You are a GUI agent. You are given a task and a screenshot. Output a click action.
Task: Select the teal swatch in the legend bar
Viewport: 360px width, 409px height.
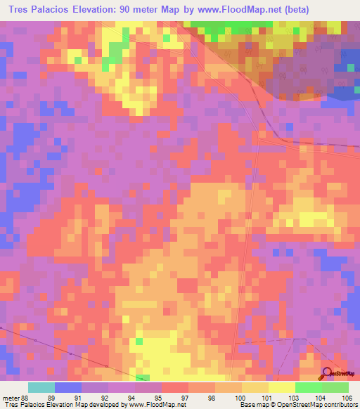tap(41, 387)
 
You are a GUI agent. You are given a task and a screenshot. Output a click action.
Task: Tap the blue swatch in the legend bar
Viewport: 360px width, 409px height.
tap(68, 387)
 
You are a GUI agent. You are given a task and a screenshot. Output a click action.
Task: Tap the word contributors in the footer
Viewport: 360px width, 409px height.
tap(338, 405)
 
